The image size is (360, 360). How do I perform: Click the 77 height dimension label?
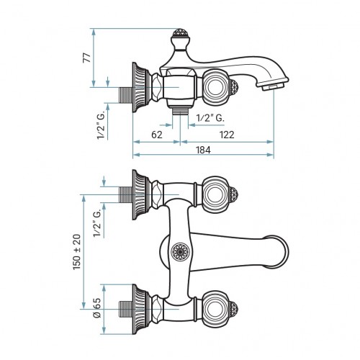tap(87, 58)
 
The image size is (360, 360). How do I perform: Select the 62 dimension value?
tap(157, 135)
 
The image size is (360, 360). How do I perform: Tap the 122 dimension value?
tap(227, 135)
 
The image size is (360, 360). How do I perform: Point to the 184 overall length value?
tap(203, 150)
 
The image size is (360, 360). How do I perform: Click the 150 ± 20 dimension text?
tap(77, 252)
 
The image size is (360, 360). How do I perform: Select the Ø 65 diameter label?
tap(97, 308)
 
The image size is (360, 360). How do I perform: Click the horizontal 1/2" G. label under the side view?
tap(210, 118)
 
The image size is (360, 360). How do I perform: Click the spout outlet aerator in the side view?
tap(273, 87)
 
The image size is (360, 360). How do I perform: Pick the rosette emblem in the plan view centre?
tap(180, 252)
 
